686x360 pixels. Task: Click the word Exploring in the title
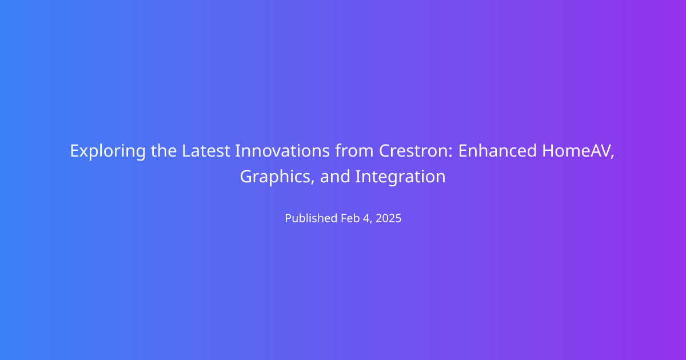coord(108,151)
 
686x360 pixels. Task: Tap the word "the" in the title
coord(163,151)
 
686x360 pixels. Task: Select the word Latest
coord(206,151)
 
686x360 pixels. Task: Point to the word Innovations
coord(282,151)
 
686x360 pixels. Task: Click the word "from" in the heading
coord(354,151)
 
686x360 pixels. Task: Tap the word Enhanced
coord(497,151)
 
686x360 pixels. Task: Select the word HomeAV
coord(576,151)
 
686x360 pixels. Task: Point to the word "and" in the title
coord(335,177)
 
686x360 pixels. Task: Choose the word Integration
coord(400,177)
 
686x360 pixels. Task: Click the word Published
coord(311,218)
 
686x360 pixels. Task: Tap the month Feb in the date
coord(350,218)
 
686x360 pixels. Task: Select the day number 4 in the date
coord(366,218)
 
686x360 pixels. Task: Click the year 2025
coord(388,218)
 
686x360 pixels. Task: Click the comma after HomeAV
coord(612,157)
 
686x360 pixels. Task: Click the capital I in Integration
coord(357,177)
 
